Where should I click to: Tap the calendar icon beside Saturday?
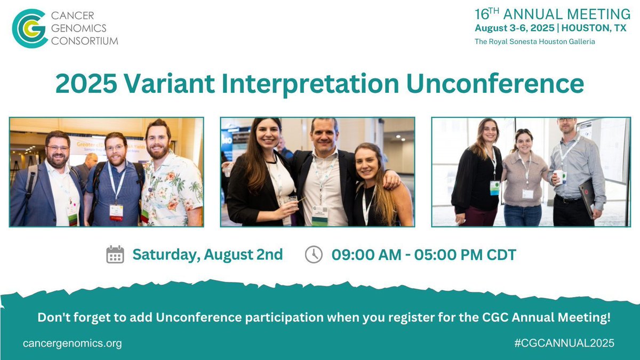click(x=115, y=255)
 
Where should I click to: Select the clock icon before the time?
click(x=314, y=255)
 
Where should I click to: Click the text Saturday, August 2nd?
click(x=207, y=255)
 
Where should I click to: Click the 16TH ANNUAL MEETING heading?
click(x=552, y=14)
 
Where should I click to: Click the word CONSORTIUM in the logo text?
click(x=84, y=41)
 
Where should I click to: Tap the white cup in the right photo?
click(x=558, y=175)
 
